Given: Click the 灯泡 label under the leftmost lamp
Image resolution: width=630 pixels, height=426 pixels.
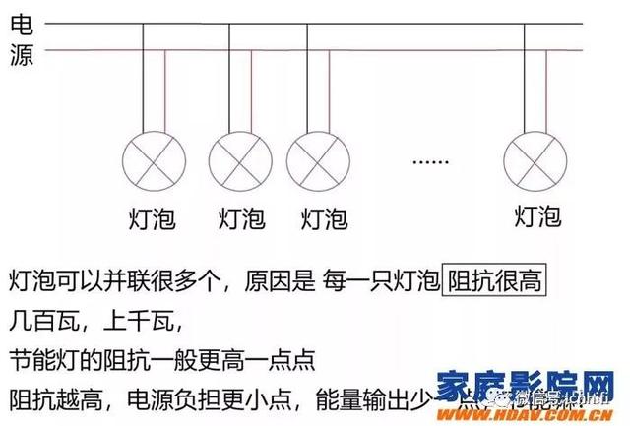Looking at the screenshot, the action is click(x=152, y=217).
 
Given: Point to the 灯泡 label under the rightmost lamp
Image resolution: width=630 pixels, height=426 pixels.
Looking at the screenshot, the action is click(x=537, y=215).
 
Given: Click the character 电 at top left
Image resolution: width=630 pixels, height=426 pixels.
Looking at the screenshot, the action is click(x=21, y=26).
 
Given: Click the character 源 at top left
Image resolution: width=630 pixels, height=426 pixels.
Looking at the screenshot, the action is click(x=21, y=55).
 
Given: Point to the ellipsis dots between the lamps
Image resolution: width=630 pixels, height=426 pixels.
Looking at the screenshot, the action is click(x=429, y=159).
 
